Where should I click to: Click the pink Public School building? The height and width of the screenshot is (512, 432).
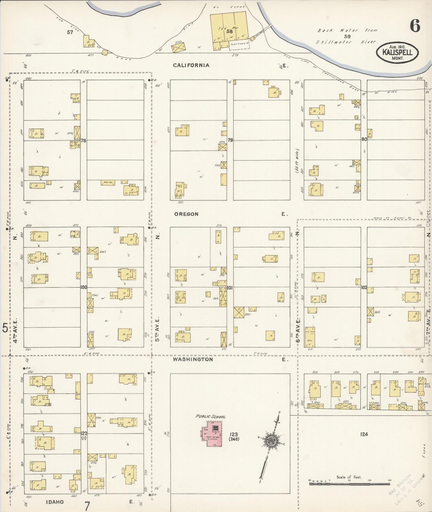coord(212,434)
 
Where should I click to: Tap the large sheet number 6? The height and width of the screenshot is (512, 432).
coord(415,26)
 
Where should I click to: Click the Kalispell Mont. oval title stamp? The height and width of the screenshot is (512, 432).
coord(397,53)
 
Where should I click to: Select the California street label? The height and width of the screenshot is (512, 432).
coord(191,65)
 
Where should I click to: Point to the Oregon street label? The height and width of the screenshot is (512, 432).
coord(186,214)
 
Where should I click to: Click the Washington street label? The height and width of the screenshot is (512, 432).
coord(193,359)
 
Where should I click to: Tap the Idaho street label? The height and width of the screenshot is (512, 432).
coord(55,502)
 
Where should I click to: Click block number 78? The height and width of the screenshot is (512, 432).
coord(83,140)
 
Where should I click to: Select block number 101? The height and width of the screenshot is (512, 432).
coord(230,288)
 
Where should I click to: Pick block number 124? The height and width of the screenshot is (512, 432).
coord(364,434)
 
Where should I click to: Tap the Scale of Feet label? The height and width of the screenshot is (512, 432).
coord(349,477)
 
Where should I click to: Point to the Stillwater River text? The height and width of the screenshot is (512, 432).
coord(347,42)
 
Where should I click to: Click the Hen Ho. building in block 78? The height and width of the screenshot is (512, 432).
coord(108,183)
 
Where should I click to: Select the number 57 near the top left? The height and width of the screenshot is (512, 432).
coord(70,32)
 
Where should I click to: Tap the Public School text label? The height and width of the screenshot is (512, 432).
coord(210,416)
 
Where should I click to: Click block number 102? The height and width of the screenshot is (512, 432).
coord(364,288)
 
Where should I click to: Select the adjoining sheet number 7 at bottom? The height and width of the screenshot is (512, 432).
coord(87,506)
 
